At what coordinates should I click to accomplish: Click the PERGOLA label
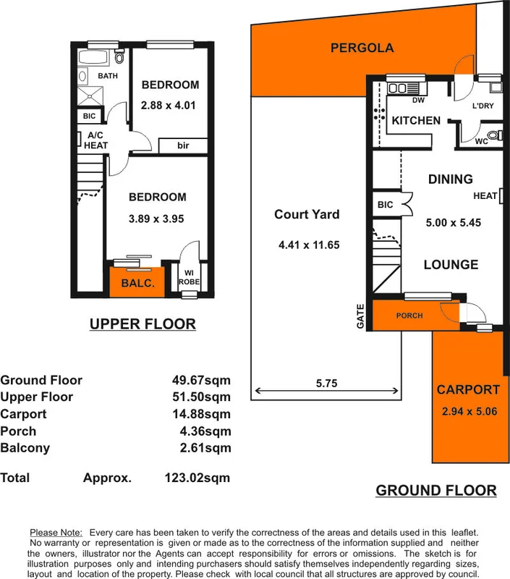362,48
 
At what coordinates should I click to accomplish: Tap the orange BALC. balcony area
137,283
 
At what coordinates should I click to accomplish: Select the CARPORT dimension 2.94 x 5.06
467,413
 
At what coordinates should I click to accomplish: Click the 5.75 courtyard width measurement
326,383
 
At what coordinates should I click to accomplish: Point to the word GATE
361,316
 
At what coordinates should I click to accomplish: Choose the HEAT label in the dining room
485,196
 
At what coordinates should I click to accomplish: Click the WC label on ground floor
482,142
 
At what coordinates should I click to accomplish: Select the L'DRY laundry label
483,106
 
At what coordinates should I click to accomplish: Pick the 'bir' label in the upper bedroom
183,145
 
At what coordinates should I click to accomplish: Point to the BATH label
108,76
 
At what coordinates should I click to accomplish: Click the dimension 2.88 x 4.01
169,105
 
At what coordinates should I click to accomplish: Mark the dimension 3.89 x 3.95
157,219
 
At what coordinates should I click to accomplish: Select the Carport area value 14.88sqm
197,414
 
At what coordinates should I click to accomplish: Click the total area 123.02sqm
197,478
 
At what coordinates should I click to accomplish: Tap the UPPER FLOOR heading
143,324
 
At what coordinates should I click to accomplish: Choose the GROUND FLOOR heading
435,491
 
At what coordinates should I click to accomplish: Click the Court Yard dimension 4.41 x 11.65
309,245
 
